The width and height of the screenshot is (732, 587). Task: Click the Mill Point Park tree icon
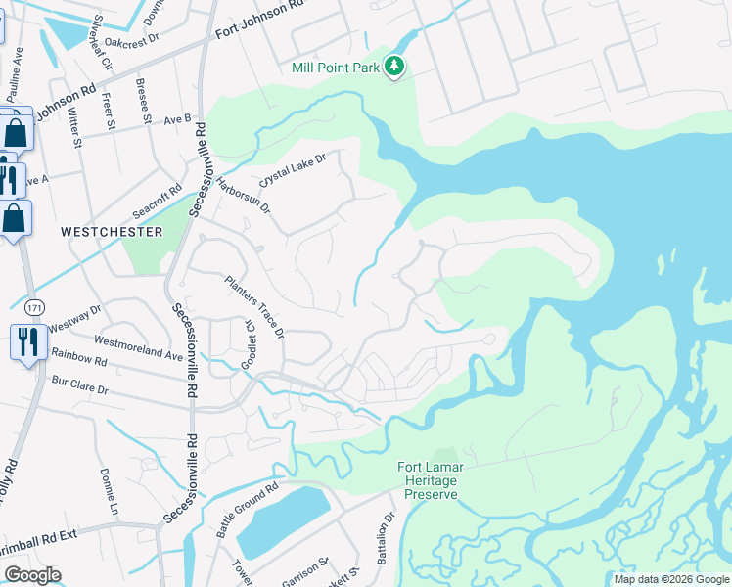pos(394,67)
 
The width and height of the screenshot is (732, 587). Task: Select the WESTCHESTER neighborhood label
pos(111,232)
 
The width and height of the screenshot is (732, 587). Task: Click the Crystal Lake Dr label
pos(291,169)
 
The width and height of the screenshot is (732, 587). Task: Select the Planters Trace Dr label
pos(253,305)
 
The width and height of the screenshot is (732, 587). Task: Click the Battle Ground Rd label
pos(248,510)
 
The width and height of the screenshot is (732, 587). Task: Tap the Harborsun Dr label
pos(244,195)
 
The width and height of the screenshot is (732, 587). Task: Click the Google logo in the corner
pos(32,575)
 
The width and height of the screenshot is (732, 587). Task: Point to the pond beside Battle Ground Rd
pos(283,519)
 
